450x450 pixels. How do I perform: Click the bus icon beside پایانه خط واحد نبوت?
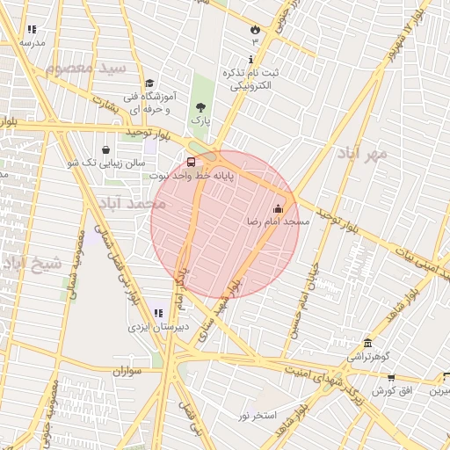pyautogui.click(x=192, y=161)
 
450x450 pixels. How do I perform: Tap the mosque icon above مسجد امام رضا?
pyautogui.click(x=279, y=208)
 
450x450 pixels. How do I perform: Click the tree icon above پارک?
pyautogui.click(x=202, y=106)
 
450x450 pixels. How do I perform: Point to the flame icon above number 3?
pyautogui.click(x=256, y=29)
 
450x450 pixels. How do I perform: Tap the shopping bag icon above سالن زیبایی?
pyautogui.click(x=106, y=149)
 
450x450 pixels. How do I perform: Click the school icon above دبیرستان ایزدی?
pyautogui.click(x=158, y=313)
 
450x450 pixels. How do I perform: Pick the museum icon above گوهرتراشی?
pyautogui.click(x=367, y=343)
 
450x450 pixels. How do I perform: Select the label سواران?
pyautogui.click(x=127, y=372)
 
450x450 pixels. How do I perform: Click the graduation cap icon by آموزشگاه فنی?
pyautogui.click(x=149, y=83)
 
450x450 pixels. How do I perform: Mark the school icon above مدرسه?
pyautogui.click(x=33, y=30)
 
